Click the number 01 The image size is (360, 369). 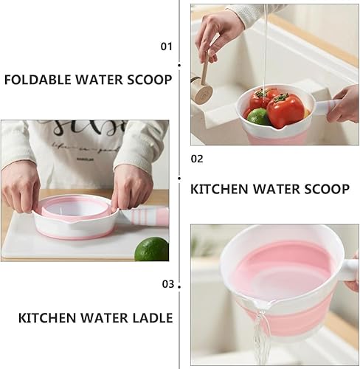click(166, 46)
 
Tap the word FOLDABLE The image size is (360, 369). click(40, 80)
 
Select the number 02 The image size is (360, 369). click(197, 158)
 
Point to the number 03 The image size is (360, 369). click(168, 283)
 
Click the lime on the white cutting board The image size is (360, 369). click(151, 249)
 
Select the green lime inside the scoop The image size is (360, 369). click(257, 117)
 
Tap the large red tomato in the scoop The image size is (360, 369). click(285, 110)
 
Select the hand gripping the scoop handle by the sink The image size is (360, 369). click(345, 103)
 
